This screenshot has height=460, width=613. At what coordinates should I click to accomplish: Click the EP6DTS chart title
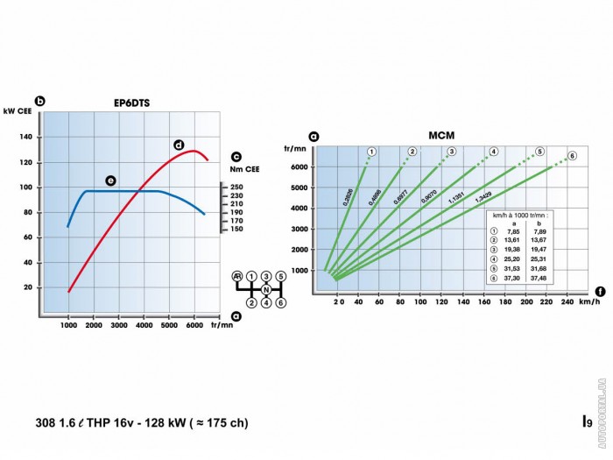click(x=131, y=103)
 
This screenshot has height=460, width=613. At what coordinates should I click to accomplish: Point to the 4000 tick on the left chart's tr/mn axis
click(x=144, y=325)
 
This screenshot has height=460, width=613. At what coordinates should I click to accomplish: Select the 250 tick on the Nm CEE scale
click(x=236, y=188)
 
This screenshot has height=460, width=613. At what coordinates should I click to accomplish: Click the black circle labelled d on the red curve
click(x=178, y=145)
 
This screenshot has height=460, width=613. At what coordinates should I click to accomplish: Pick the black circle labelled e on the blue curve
click(x=110, y=180)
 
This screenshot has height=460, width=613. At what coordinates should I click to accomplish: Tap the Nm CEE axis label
click(x=246, y=169)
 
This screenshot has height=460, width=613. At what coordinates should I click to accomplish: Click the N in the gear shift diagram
click(x=265, y=289)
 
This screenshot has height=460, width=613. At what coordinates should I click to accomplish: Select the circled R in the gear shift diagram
click(x=236, y=276)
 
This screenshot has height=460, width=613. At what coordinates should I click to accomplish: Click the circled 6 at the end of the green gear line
click(x=572, y=156)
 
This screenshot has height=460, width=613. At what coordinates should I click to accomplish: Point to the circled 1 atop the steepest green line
click(x=371, y=152)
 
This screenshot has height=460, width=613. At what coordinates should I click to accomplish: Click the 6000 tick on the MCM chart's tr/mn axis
click(x=299, y=166)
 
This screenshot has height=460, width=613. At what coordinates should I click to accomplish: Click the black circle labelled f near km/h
click(x=599, y=291)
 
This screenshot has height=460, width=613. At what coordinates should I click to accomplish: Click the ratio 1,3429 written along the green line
click(x=483, y=197)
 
